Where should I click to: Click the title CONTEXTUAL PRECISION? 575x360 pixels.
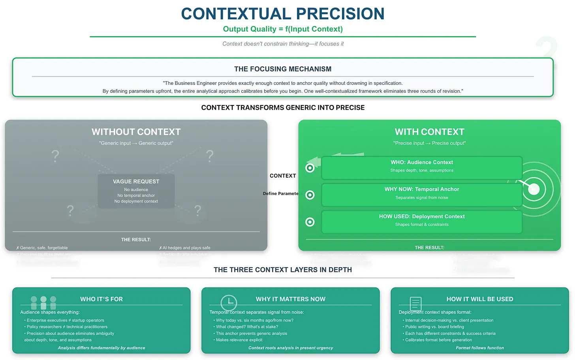(283, 14)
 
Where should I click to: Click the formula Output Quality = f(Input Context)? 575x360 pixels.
(283, 29)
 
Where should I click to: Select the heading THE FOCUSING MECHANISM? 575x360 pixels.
(283, 69)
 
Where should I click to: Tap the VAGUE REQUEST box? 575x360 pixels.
(136, 191)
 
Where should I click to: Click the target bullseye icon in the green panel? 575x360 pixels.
(534, 189)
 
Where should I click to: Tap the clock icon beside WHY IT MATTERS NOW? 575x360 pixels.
(229, 303)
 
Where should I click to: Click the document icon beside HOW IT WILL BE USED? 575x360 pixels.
(415, 304)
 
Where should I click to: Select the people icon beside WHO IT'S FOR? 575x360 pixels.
(43, 303)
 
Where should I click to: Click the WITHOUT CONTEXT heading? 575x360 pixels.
(136, 132)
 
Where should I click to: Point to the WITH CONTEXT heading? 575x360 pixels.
(429, 132)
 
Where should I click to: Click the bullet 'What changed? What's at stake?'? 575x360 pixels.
(247, 327)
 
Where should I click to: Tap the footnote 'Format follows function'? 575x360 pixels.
(479, 348)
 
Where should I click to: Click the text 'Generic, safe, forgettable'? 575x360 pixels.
(44, 248)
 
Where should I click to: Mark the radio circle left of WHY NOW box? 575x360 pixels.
(310, 195)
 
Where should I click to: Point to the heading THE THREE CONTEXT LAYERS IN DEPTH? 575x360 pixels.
(283, 270)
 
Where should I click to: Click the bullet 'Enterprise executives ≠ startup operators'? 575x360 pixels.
(65, 321)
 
